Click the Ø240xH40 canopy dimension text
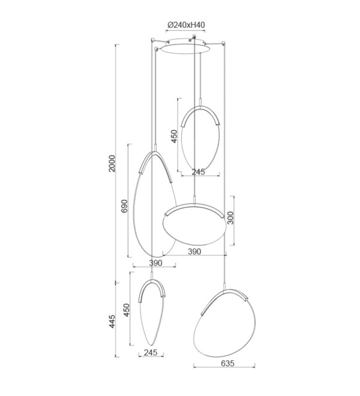click(186, 25)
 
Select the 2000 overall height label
click(112, 163)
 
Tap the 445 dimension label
click(112, 321)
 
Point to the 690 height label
click(124, 206)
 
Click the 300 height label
click(230, 218)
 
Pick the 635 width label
click(227, 364)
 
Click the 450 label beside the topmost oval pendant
click(175, 136)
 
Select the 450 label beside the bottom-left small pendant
click(127, 310)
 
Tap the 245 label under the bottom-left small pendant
click(151, 352)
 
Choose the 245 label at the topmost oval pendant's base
click(199, 172)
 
